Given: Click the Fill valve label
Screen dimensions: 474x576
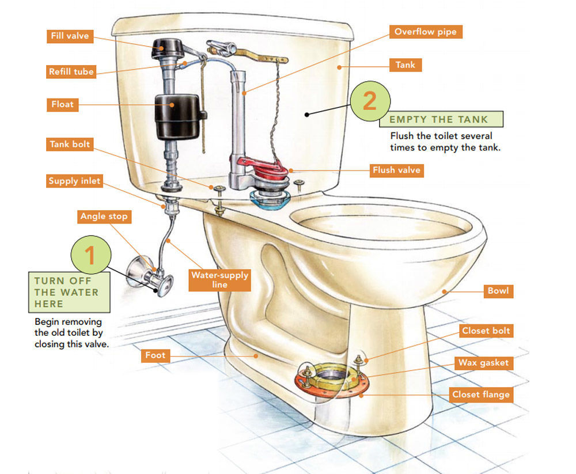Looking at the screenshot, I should tap(70, 36).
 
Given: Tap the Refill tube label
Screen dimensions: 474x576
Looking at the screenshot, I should tap(71, 71).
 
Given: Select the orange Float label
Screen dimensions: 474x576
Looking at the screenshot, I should tap(63, 105).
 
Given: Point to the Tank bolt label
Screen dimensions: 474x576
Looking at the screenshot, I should tap(70, 144).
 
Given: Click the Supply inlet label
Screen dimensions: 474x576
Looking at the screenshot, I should tap(74, 181).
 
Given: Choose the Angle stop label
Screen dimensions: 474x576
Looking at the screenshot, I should tap(104, 217).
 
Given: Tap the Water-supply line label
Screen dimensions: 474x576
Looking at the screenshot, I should tap(219, 279).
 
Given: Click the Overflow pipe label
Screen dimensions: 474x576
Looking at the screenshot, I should tap(425, 32).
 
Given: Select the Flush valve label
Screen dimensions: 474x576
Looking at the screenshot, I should tap(396, 170).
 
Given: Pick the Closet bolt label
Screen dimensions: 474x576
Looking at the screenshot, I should tap(486, 331).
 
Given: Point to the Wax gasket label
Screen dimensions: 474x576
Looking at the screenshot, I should tap(483, 363).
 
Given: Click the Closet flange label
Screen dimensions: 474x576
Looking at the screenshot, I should tap(481, 395).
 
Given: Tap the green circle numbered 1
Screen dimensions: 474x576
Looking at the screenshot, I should tap(90, 255).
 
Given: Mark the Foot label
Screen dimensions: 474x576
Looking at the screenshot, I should tap(155, 355).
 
